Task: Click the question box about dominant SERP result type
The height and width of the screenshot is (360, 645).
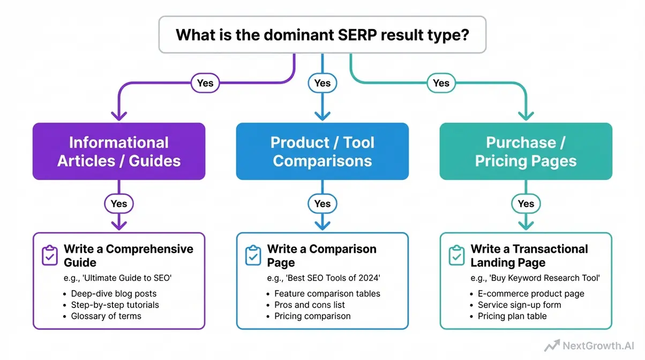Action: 322,35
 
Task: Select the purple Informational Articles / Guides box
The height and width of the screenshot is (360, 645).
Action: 119,152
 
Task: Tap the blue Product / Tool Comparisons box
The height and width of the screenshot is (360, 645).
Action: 322,152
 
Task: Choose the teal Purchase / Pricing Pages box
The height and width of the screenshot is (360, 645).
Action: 526,152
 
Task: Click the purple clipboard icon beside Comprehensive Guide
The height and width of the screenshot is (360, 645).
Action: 50,256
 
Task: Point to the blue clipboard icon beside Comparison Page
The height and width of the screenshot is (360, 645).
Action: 253,256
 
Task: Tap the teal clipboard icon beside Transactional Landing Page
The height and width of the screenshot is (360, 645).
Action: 457,256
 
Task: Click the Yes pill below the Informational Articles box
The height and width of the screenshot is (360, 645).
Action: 119,204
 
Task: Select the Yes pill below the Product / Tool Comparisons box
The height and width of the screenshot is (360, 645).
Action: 322,204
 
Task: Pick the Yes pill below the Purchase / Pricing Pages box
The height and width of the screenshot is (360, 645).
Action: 526,204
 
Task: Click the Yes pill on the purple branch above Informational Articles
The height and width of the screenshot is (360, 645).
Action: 205,83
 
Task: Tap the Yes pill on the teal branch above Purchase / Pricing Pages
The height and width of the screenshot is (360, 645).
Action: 440,83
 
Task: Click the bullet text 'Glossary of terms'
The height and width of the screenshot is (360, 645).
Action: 106,316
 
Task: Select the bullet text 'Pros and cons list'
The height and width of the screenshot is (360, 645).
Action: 310,305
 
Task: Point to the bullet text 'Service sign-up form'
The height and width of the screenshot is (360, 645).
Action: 519,305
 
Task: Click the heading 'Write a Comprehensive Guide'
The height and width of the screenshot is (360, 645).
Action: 128,256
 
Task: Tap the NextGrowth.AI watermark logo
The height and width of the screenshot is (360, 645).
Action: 590,346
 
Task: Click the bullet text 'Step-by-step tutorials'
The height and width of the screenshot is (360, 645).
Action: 115,305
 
